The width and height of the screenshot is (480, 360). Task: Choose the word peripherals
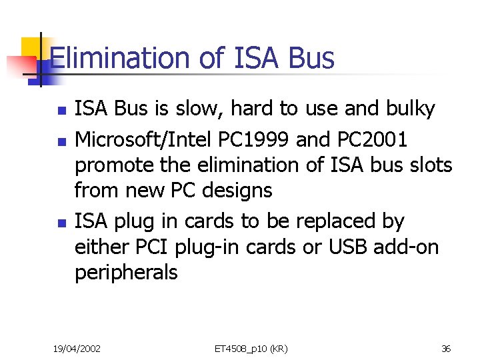point(126,273)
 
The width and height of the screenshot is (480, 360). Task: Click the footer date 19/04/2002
point(77,347)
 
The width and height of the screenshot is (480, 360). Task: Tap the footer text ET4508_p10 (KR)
point(251,347)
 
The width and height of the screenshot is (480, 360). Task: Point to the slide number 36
point(446,347)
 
